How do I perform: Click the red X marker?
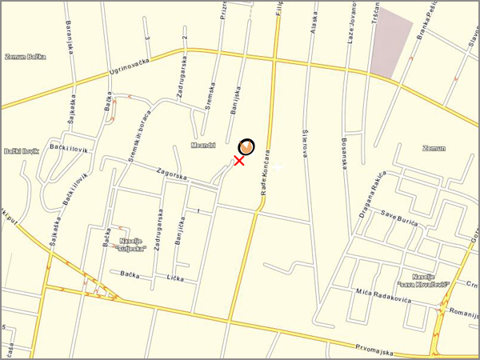point(239,160)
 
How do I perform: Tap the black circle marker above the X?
point(247,146)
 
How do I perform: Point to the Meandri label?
point(204,145)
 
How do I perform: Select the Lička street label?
point(175,278)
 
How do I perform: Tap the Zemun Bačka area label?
point(26,57)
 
